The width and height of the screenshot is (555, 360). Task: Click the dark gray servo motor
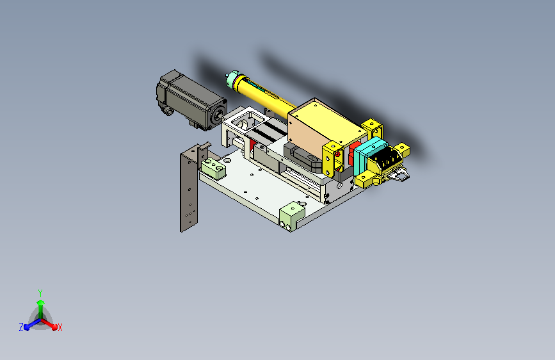191,101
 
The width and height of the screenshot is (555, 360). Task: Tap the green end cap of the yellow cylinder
232,79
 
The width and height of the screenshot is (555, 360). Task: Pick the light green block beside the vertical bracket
213,168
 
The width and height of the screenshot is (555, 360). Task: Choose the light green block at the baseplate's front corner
292,216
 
